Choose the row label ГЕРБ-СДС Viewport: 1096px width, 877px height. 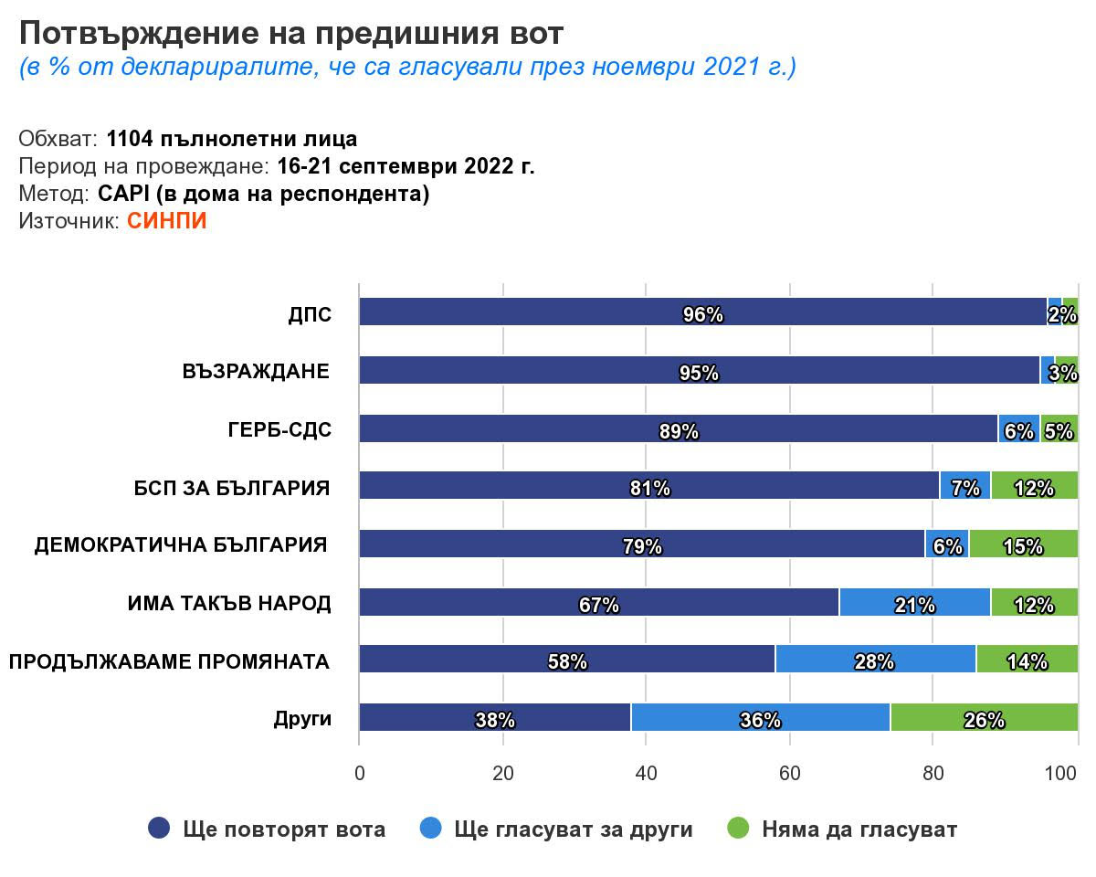tap(279, 431)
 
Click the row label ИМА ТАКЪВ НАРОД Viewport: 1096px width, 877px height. tap(229, 604)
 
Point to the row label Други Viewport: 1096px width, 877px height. tap(302, 719)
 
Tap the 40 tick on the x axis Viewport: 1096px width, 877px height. tap(646, 774)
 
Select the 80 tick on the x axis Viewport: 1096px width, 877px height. tap(933, 774)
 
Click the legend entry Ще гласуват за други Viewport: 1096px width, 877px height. tap(573, 829)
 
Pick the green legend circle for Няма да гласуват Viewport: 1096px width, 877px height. tap(738, 829)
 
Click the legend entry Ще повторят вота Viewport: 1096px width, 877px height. tap(284, 829)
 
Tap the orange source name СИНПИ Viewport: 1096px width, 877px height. tap(167, 221)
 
